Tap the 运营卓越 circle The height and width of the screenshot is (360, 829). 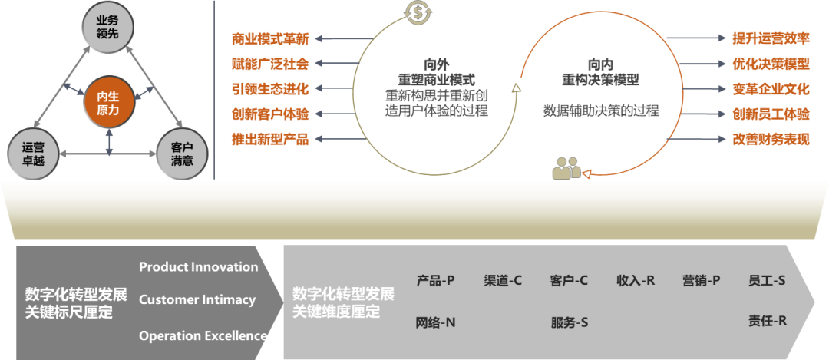pyautogui.click(x=33, y=154)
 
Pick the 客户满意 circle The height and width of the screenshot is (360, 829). pyautogui.click(x=182, y=154)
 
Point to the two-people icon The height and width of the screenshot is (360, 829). pyautogui.click(x=566, y=168)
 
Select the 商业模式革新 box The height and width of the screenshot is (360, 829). pyautogui.click(x=270, y=38)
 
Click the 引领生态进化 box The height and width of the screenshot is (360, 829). pyautogui.click(x=270, y=88)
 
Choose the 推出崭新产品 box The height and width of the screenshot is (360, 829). pyautogui.click(x=270, y=139)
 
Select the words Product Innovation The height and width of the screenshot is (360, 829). pyautogui.click(x=198, y=267)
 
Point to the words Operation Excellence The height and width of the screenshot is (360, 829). pyautogui.click(x=203, y=335)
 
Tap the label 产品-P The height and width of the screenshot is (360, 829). pyautogui.click(x=435, y=280)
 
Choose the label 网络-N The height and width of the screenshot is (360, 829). pyautogui.click(x=435, y=322)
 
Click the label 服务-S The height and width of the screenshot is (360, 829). pyautogui.click(x=569, y=322)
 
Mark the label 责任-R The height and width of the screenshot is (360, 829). pyautogui.click(x=768, y=321)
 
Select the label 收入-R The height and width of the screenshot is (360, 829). pyautogui.click(x=636, y=280)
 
